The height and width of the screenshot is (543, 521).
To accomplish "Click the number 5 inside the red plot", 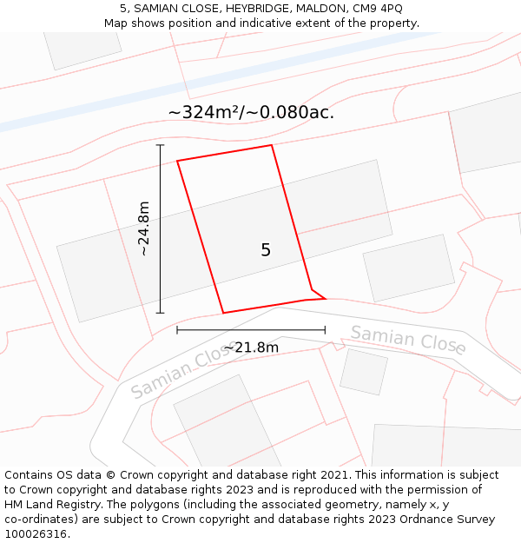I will pos(266,250).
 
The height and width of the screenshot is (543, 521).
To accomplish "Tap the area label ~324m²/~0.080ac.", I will pos(251,112).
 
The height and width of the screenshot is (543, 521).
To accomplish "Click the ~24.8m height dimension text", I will pos(144,228).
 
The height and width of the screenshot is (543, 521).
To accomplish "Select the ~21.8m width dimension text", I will pos(251,348).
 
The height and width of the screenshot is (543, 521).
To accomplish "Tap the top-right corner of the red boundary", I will pos(272,145).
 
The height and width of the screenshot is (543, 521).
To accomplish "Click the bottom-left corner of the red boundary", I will pos(223,313).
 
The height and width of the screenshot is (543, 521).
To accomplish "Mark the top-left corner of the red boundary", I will pos(177,161).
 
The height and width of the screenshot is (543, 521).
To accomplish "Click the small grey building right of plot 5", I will pos(408,268).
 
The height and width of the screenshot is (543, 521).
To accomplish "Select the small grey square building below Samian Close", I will pos(363,371).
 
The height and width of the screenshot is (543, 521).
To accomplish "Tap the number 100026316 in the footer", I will pos(34,534).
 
